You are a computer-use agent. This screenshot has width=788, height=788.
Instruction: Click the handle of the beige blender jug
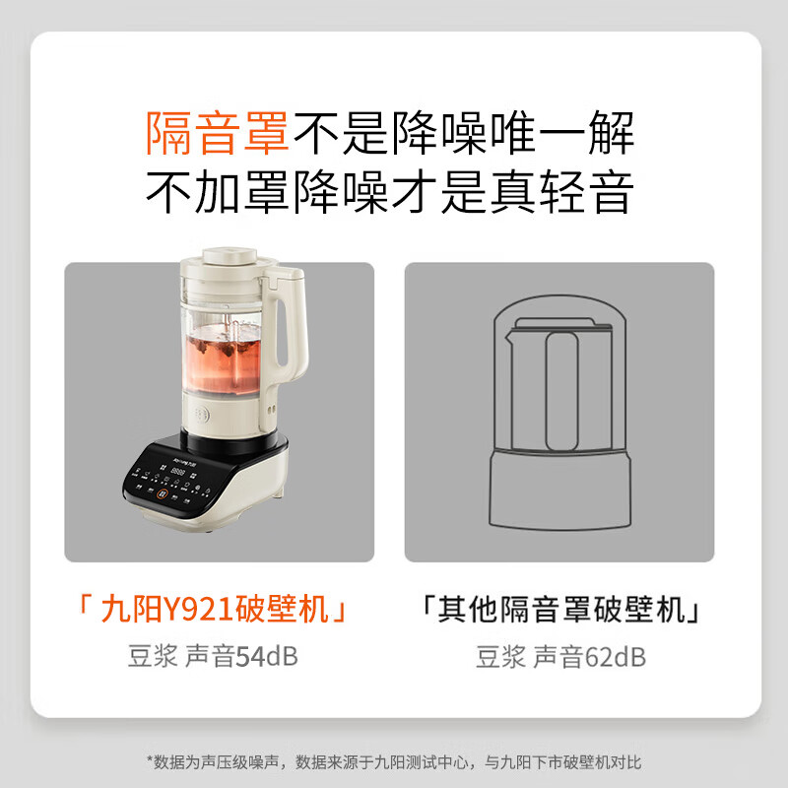(x=292, y=325)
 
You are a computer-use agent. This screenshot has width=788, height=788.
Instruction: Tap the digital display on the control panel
(x=178, y=473)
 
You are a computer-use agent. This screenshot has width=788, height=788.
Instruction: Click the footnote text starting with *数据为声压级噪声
(x=393, y=761)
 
